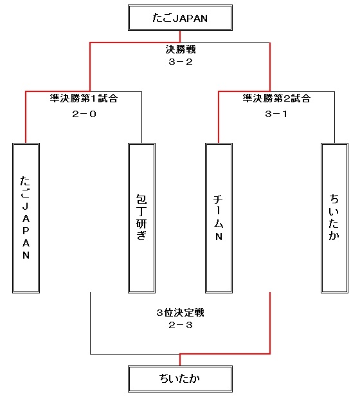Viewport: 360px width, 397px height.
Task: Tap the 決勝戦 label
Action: click(x=181, y=50)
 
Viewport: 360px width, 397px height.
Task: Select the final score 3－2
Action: click(x=181, y=62)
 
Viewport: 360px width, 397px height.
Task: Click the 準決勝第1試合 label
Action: click(x=84, y=98)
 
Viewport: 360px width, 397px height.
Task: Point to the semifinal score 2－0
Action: click(x=84, y=114)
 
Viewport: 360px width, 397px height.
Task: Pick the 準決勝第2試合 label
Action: click(x=276, y=98)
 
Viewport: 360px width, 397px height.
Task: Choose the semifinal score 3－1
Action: click(x=276, y=114)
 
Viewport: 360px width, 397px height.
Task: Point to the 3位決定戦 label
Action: click(x=180, y=313)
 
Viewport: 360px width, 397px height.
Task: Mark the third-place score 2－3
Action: click(x=181, y=325)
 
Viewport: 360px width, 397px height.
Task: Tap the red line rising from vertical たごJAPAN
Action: click(x=26, y=117)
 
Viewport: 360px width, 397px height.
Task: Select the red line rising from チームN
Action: click(x=219, y=117)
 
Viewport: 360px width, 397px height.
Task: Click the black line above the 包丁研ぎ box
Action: click(x=141, y=117)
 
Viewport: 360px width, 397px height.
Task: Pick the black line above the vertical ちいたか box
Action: click(x=334, y=117)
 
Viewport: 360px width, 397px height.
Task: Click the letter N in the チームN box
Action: click(x=219, y=237)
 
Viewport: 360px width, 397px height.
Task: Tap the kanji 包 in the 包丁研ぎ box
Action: click(x=141, y=199)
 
